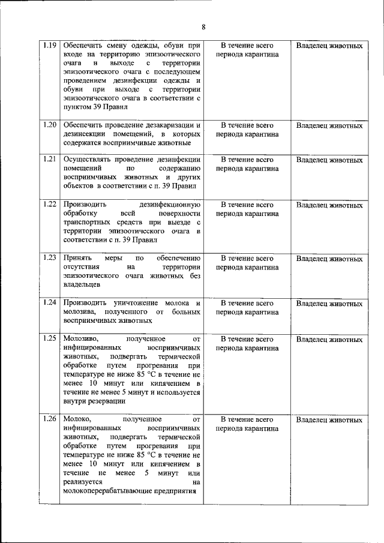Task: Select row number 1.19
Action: [50, 46]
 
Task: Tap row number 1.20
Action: [50, 125]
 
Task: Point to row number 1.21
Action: [50, 160]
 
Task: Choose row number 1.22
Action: [50, 205]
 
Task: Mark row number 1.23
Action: [50, 258]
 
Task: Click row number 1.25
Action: [50, 339]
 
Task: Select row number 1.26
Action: [50, 419]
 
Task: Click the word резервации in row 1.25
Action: [106, 401]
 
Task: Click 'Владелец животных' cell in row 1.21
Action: [329, 160]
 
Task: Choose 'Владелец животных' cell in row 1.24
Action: [329, 303]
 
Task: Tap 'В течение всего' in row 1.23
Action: [247, 259]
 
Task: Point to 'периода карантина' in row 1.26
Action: [247, 428]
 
